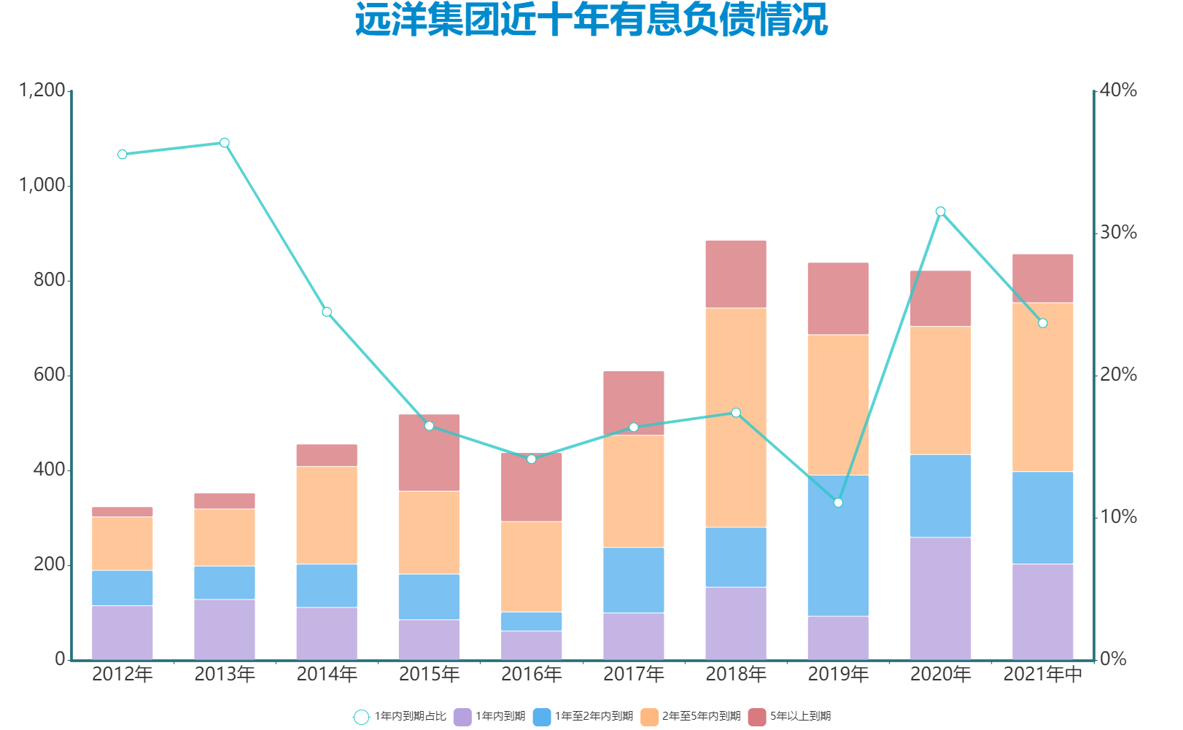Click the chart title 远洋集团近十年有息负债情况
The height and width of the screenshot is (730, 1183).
591,20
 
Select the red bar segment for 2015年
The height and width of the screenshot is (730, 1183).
429,453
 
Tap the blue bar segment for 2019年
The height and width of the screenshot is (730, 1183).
838,545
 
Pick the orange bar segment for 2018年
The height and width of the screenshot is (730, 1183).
736,417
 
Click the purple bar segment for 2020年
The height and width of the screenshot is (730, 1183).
940,598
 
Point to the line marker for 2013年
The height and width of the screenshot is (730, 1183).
225,143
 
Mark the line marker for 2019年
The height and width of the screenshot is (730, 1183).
838,502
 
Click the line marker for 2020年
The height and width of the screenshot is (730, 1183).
940,211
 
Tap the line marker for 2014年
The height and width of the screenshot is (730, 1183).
327,312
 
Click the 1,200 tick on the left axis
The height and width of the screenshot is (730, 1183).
42,90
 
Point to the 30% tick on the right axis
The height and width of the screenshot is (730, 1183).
1118,233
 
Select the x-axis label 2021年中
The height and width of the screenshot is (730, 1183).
1042,675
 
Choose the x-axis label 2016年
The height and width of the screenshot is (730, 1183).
531,675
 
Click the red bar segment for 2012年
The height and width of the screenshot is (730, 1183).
123,512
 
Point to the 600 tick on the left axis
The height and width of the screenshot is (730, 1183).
50,375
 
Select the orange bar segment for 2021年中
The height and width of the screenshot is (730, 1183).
1042,387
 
